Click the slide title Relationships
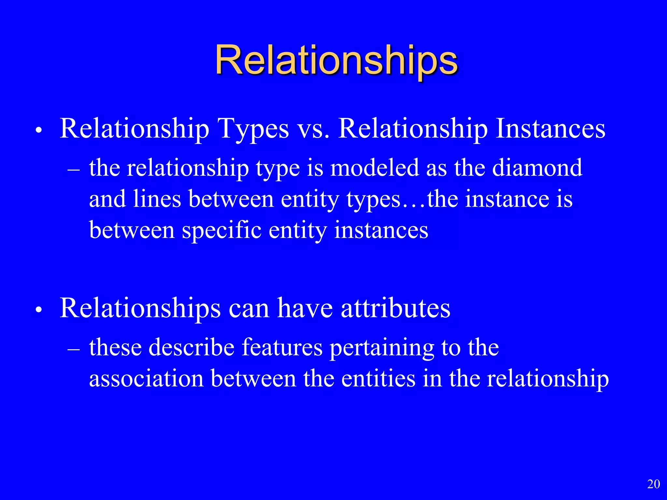coord(336,61)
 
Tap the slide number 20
coord(653,484)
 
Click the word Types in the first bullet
coord(253,129)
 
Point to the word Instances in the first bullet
coord(550,129)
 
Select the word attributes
coord(395,309)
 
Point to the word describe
coord(192,347)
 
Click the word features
coord(282,347)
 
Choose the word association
coord(146,379)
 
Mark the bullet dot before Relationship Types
coord(39,131)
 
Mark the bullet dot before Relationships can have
coord(39,311)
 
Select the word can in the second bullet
coord(249,309)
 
